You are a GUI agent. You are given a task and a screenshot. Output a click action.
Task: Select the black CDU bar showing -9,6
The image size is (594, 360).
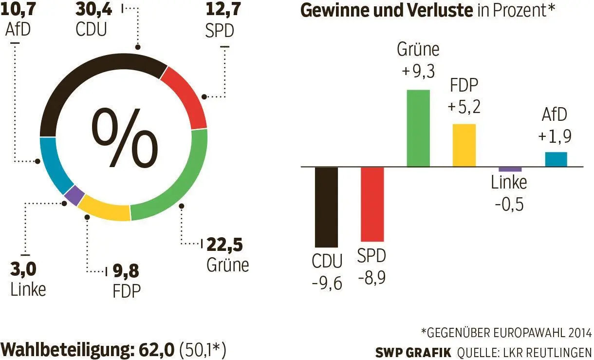tap(326, 207)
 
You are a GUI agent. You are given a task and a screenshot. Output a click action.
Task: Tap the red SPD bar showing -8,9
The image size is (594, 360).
tap(372, 204)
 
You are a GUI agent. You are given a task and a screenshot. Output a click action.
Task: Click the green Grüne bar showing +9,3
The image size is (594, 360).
tap(418, 128)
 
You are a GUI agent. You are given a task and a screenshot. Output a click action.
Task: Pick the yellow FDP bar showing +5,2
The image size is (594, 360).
tap(464, 145)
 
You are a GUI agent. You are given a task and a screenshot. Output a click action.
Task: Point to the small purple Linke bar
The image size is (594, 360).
tap(510, 169)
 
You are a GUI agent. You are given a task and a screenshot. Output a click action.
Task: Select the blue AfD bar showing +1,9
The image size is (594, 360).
tap(556, 159)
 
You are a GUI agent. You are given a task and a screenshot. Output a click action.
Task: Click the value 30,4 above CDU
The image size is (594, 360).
tap(95, 8)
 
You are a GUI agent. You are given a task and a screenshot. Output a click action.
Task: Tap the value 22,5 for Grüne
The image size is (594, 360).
tap(224, 243)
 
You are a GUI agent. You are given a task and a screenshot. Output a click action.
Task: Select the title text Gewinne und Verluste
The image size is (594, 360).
tap(387, 11)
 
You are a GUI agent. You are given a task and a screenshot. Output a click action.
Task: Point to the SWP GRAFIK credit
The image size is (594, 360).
tap(413, 352)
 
